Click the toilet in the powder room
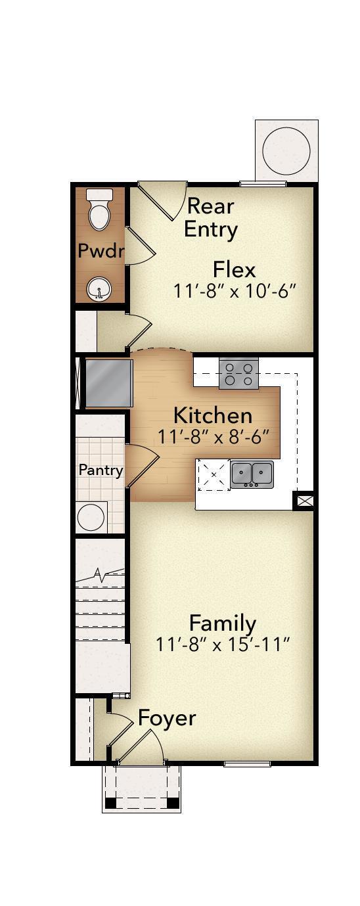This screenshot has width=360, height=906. pos(100,210)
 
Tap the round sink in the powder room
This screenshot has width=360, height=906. pos(99,288)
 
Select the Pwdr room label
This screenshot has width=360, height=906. pos(101,250)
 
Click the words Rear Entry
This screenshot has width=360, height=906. pos(210,217)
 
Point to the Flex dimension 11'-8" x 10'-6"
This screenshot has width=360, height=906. pos(235,290)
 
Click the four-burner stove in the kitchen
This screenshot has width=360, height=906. pos(238,374)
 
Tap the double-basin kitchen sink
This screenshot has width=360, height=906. pos(252,473)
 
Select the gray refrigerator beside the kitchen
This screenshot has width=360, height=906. pos(109,382)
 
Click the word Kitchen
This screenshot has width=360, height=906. pos(213,415)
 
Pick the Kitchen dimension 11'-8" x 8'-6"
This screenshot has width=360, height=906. pos(214,436)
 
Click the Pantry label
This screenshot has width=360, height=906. pos(101,470)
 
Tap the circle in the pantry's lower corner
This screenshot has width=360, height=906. pos(92,518)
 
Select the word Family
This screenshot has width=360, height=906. pos(223,622)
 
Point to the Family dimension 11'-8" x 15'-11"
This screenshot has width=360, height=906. pos(223,645)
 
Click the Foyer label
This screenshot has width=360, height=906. pos(167,718)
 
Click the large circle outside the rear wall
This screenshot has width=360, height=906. pos(286,150)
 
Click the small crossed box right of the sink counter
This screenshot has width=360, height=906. pos(304,501)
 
